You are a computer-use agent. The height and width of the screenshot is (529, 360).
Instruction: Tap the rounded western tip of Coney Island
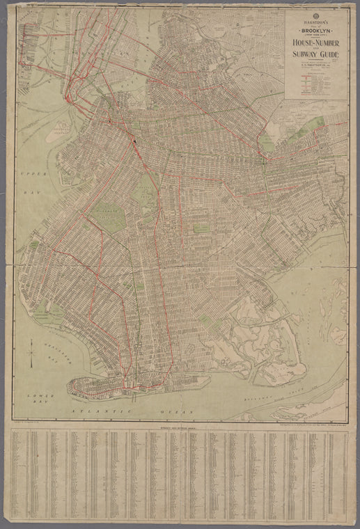[x=70, y=390]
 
